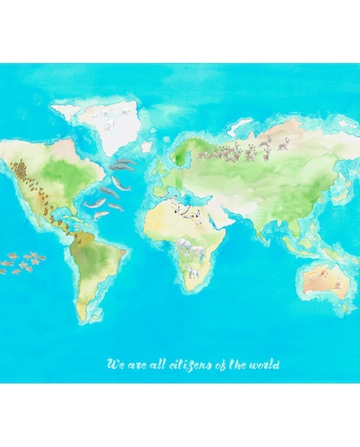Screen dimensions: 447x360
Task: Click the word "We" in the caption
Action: click(113, 365)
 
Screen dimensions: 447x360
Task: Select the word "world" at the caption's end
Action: click(264, 365)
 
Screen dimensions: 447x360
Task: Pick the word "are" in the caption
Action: click(135, 365)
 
